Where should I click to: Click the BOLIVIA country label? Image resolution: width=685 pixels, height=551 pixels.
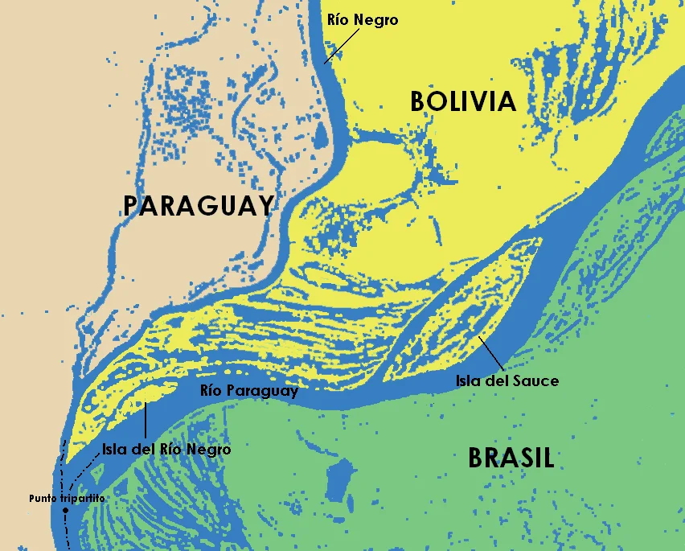coord(462,101)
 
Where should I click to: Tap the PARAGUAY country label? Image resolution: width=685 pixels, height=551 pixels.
coord(199,206)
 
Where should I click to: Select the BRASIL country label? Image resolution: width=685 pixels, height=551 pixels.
coord(511,458)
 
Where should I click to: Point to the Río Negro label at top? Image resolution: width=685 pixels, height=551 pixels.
coord(362,20)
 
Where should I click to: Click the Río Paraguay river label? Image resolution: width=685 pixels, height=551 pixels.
coord(249,392)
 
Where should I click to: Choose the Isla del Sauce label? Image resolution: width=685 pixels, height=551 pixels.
coord(507,380)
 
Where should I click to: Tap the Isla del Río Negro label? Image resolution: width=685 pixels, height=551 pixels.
coord(166,450)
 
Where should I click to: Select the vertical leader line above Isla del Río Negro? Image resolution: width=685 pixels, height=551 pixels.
coord(146,421)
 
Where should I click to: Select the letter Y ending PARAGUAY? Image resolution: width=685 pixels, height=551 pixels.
coord(265,206)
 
